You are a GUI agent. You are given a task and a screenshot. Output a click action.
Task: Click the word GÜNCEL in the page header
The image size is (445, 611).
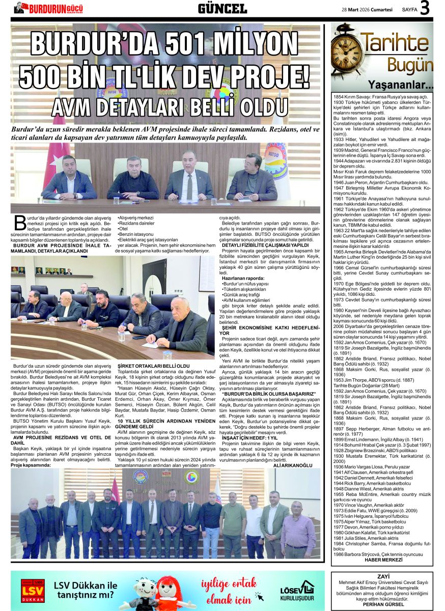[222, 9]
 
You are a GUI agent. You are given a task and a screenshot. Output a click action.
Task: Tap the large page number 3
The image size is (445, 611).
[425, 9]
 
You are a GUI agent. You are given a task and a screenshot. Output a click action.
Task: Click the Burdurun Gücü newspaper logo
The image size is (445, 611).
[48, 8]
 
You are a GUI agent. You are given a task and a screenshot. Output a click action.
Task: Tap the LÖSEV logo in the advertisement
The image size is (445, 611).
[297, 590]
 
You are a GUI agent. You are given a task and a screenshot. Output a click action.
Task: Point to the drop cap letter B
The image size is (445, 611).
[20, 222]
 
